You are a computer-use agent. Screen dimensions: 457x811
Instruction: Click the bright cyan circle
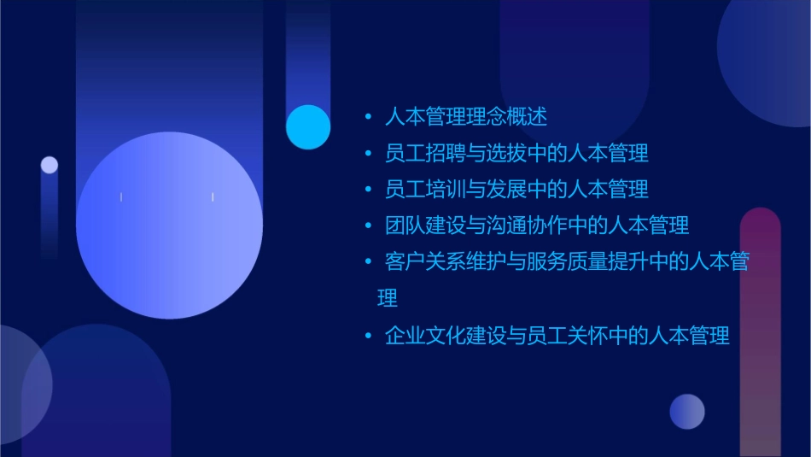(308, 126)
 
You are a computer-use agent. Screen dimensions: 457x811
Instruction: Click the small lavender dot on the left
(50, 165)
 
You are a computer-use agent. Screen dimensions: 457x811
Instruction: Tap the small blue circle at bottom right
(687, 411)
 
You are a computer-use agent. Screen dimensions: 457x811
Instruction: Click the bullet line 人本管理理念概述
(466, 116)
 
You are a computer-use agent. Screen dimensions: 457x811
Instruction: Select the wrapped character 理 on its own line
(388, 298)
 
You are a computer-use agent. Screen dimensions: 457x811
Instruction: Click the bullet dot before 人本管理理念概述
(368, 116)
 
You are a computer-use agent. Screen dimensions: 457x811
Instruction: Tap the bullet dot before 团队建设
(368, 226)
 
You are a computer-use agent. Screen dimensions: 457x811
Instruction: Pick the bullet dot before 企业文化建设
(368, 335)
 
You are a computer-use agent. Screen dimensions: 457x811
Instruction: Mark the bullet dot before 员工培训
(368, 189)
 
